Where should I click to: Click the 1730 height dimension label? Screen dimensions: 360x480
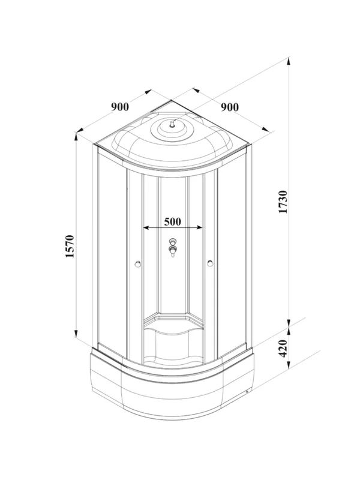click(x=284, y=202)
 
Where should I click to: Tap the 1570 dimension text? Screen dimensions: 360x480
click(x=70, y=246)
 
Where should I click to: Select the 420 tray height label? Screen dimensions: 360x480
click(x=284, y=348)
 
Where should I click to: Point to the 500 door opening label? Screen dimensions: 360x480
click(x=173, y=221)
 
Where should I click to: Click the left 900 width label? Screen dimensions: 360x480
click(x=120, y=107)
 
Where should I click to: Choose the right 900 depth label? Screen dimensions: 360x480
click(x=230, y=107)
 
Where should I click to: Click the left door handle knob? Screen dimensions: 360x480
click(x=138, y=263)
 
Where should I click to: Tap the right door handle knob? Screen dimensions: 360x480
click(x=210, y=263)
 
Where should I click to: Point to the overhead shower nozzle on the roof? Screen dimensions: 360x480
click(x=172, y=124)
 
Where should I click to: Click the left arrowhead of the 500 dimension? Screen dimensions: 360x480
click(x=146, y=227)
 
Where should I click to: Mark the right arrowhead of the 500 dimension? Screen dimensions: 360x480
click(x=199, y=227)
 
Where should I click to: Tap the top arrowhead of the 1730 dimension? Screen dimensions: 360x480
click(x=289, y=61)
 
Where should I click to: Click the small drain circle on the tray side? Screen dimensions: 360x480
click(x=247, y=391)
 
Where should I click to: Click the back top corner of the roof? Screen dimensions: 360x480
click(x=172, y=100)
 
